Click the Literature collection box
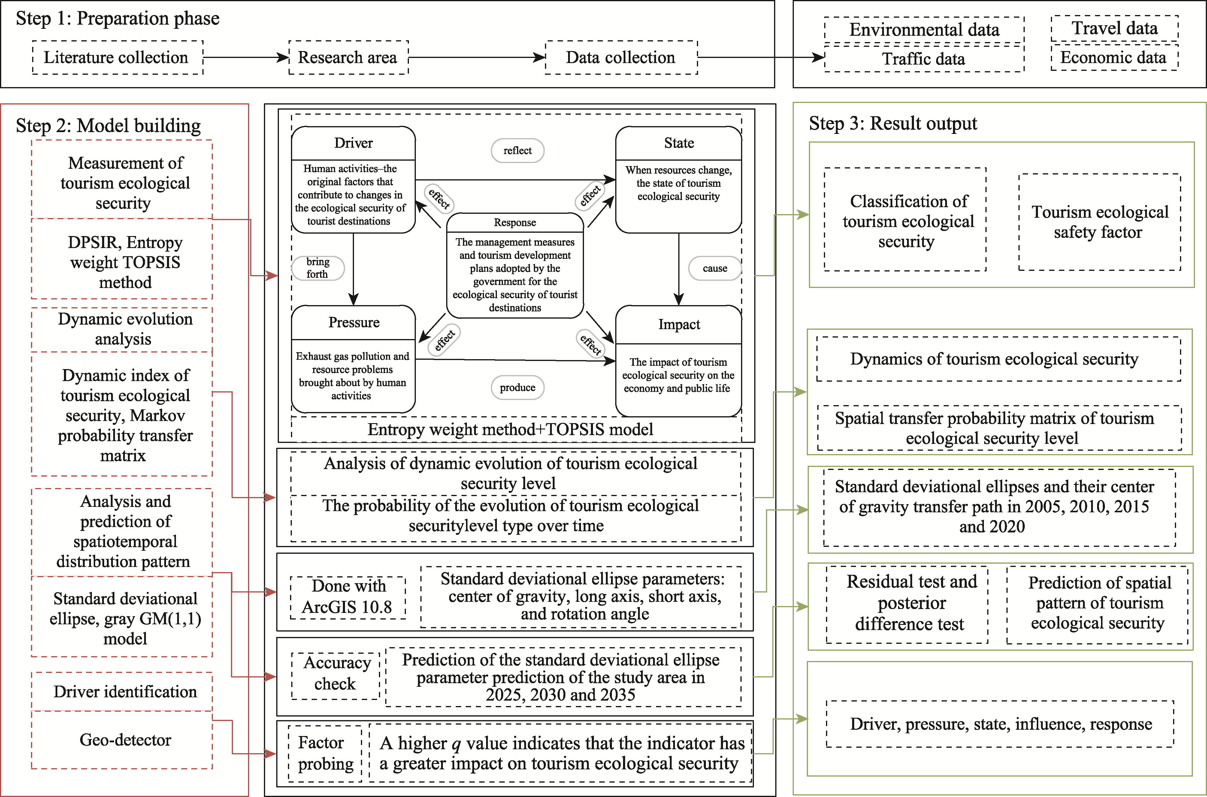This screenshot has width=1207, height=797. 117,57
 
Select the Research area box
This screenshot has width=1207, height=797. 348,57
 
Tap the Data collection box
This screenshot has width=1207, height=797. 621,57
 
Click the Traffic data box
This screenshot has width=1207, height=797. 924,59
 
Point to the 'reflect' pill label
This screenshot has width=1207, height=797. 517,150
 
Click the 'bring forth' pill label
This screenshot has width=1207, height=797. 318,268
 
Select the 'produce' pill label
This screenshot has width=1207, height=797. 517,387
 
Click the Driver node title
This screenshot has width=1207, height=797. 353,143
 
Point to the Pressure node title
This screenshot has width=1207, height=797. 354,323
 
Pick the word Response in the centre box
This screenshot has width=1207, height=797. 515,223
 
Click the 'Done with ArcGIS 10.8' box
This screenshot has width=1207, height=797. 348,597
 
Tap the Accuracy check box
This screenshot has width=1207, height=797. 336,674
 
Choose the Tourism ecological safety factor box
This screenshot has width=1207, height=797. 1099,222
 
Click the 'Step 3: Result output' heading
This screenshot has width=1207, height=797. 893,123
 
